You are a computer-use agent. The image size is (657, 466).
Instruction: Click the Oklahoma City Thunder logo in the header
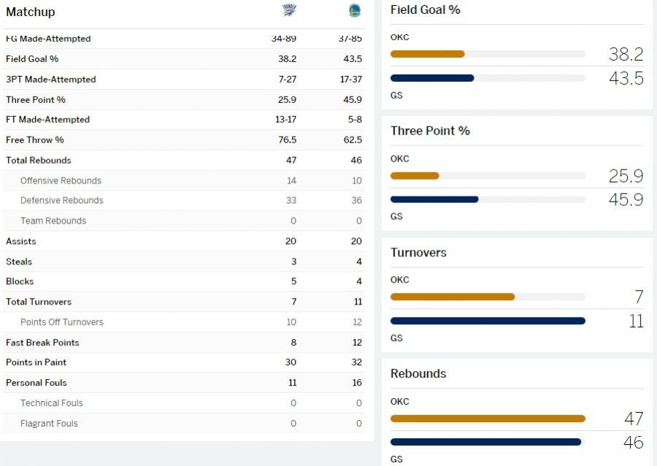coord(289,10)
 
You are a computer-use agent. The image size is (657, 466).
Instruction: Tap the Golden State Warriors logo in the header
coord(354,10)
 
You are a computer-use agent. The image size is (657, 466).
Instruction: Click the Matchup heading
coord(31,12)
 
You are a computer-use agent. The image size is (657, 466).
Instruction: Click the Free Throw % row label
coord(35,140)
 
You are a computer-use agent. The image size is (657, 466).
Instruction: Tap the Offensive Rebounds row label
coord(61,180)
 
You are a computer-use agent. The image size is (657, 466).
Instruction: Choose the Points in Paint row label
coord(36,362)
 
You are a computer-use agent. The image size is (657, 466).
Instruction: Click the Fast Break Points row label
coord(42,343)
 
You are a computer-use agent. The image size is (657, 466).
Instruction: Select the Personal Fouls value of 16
coord(356,383)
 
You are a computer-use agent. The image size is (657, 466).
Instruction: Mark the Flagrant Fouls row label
coord(49,424)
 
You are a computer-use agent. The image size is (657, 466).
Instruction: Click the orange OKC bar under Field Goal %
coord(427,54)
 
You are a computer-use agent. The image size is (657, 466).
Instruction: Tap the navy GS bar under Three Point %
coord(434,199)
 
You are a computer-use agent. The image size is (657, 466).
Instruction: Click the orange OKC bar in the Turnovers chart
coord(453,297)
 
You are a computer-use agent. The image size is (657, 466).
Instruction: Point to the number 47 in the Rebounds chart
coord(633,419)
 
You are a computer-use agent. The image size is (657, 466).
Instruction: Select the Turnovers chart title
coord(418,253)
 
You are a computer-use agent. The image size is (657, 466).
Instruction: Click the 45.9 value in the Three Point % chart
coord(626,199)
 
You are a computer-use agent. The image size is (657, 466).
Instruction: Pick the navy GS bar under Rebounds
coord(485,442)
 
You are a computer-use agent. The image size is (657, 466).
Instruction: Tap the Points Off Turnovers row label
coord(62,322)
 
